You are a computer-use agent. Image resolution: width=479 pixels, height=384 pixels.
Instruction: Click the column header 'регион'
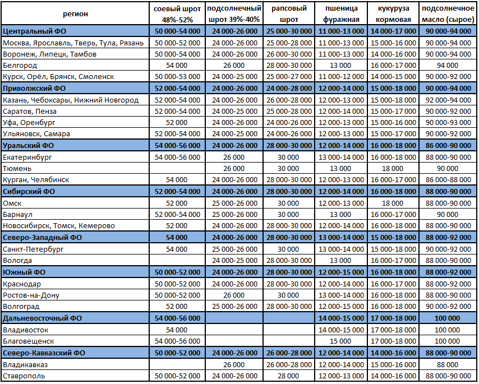click(x=76, y=13)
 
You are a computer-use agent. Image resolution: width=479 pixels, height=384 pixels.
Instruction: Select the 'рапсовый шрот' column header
click(x=289, y=13)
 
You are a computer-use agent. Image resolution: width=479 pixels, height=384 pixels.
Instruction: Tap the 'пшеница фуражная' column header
click(x=341, y=13)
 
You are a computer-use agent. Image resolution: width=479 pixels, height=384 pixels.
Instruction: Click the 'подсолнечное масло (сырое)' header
click(x=447, y=13)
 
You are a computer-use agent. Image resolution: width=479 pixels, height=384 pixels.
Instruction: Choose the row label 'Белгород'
click(x=20, y=66)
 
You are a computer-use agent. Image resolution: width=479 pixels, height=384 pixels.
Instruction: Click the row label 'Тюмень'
click(x=17, y=169)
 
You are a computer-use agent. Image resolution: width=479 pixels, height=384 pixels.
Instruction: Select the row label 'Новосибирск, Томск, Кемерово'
click(x=59, y=226)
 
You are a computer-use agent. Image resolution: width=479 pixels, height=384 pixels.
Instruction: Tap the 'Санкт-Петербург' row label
click(x=34, y=249)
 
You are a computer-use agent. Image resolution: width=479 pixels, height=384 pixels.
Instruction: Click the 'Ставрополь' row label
click(x=24, y=376)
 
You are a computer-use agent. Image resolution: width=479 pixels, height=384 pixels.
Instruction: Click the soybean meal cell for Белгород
click(x=177, y=66)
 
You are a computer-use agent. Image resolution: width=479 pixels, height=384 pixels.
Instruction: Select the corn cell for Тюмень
click(x=393, y=169)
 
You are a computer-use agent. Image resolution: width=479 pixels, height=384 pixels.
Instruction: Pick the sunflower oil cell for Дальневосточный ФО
click(x=447, y=318)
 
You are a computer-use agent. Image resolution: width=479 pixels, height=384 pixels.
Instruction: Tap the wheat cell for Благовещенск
click(x=341, y=341)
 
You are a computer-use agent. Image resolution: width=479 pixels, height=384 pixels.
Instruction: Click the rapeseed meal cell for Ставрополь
click(x=289, y=376)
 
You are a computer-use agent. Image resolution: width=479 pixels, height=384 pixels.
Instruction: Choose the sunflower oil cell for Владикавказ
click(x=447, y=364)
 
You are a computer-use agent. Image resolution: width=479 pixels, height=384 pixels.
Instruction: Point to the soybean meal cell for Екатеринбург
click(x=177, y=158)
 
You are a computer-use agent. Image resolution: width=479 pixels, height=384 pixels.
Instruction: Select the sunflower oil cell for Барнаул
click(x=447, y=215)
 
